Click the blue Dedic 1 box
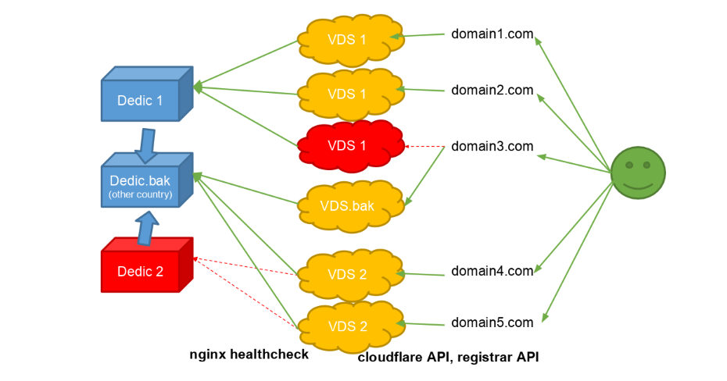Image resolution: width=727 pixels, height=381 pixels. click(141, 101)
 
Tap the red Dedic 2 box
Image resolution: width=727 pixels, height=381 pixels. click(141, 271)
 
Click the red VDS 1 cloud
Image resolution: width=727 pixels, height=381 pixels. click(347, 145)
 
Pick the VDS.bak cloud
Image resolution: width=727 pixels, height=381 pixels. click(347, 206)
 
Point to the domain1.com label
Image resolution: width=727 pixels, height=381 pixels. click(492, 34)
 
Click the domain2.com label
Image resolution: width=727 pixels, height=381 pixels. click(492, 91)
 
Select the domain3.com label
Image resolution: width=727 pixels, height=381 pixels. click(492, 146)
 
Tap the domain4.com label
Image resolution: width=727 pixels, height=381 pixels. click(492, 272)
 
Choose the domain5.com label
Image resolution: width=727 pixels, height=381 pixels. click(492, 322)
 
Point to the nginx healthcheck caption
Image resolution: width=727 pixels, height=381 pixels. click(249, 354)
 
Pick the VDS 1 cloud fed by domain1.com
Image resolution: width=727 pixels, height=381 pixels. click(347, 38)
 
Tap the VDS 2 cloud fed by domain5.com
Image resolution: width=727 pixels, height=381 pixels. click(347, 326)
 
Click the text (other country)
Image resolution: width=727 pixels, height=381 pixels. click(141, 194)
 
